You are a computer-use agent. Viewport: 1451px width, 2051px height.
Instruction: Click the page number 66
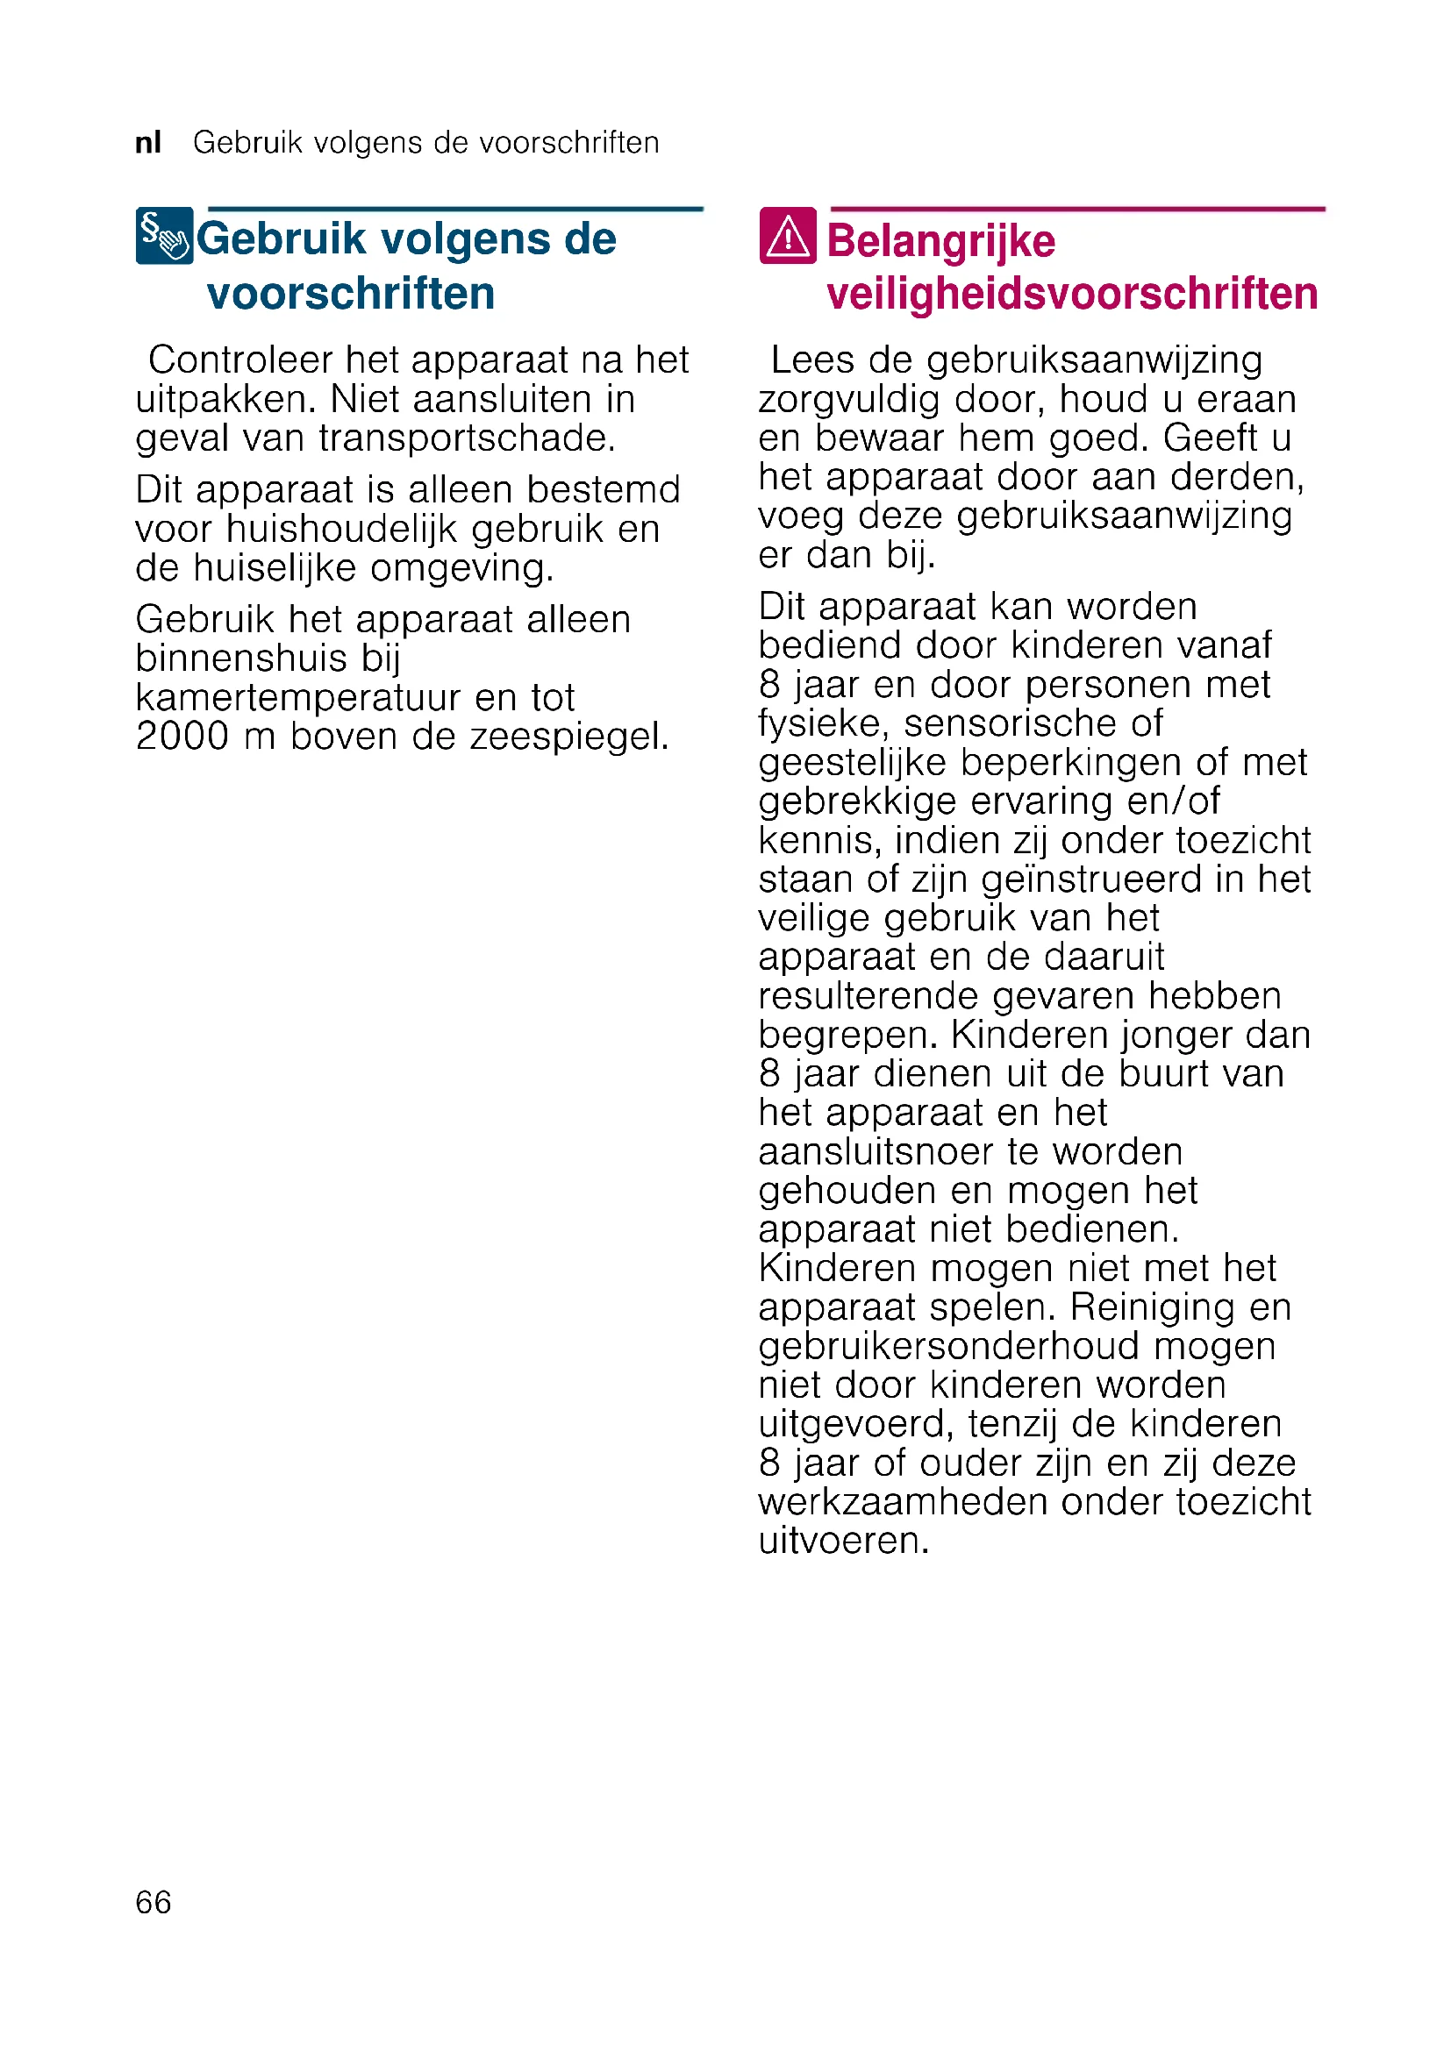(x=153, y=1902)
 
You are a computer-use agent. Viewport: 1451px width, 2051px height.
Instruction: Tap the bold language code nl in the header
(x=148, y=142)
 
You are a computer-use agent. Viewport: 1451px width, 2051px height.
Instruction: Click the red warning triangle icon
(x=787, y=236)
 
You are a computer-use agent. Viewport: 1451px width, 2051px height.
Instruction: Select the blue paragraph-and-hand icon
(x=164, y=236)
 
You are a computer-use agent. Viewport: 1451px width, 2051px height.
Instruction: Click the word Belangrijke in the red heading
(x=940, y=241)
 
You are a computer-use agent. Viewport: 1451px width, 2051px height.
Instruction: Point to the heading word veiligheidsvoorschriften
(x=1071, y=294)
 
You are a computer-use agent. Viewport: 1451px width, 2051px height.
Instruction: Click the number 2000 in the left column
(x=182, y=736)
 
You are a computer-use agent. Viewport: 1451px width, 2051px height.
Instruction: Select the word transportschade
(x=468, y=438)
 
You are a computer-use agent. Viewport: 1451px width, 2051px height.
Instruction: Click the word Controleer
(x=240, y=360)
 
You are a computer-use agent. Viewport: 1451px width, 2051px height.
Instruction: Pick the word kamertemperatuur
(x=297, y=698)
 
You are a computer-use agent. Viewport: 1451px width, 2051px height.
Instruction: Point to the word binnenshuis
(x=241, y=659)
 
